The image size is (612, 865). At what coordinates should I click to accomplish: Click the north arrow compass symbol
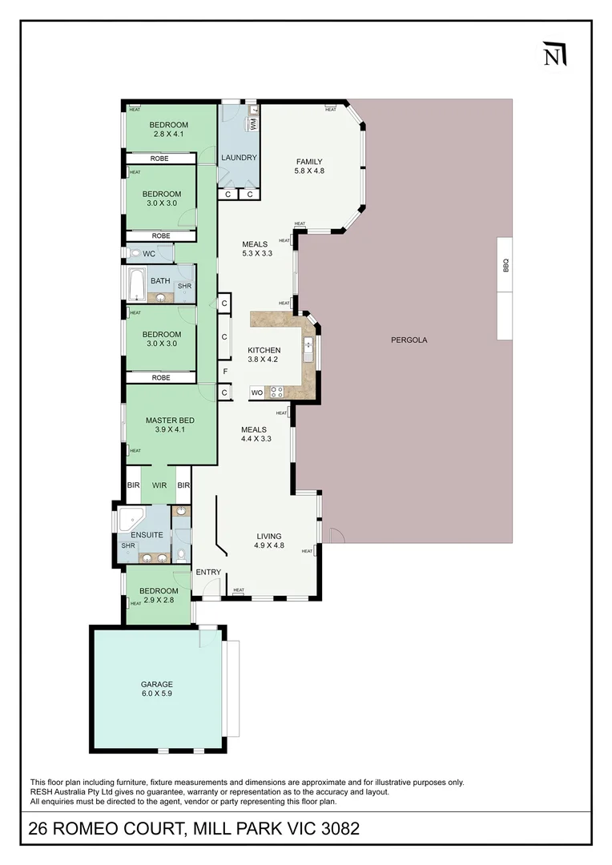[554, 54]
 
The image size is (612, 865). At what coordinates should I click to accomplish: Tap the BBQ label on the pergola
[505, 265]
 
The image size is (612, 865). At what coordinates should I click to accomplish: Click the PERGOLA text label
[409, 340]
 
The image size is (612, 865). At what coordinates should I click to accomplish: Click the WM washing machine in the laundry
[253, 124]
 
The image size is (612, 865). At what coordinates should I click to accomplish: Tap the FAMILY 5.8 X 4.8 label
[309, 166]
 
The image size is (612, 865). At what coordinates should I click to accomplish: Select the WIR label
[159, 485]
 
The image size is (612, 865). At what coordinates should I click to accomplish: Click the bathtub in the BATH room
[137, 283]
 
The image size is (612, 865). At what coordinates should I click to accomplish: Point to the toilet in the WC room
[134, 253]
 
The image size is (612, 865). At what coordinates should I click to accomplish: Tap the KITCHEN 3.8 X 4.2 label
[264, 355]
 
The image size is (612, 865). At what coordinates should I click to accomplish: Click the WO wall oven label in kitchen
[256, 392]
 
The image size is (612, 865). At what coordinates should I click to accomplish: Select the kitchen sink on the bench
[308, 348]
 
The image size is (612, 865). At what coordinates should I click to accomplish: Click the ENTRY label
[208, 572]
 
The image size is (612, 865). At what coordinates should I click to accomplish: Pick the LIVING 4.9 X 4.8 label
[269, 541]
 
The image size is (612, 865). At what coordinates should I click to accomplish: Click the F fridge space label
[226, 372]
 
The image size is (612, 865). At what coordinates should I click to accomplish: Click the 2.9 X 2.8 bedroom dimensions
[159, 600]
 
